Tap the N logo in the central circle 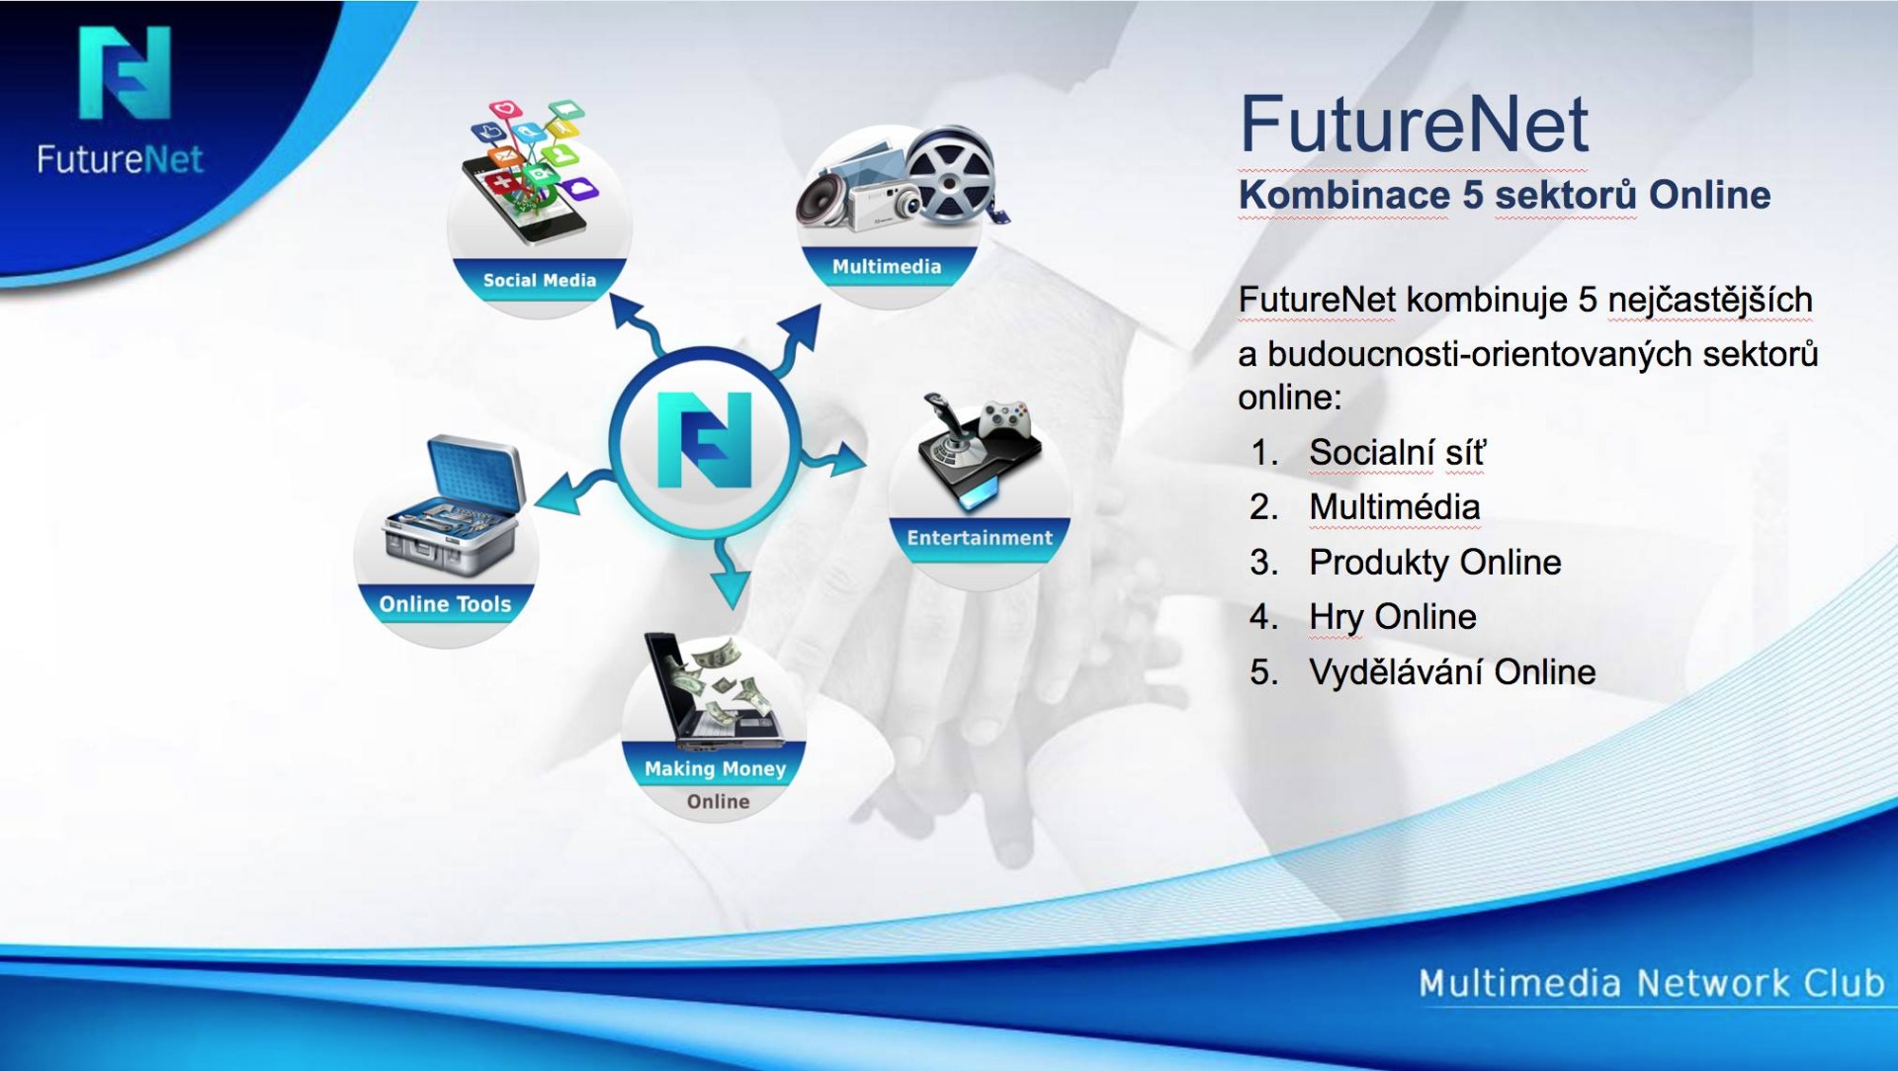pyautogui.click(x=705, y=439)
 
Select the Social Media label pyautogui.click(x=540, y=280)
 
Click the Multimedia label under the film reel pyautogui.click(x=887, y=266)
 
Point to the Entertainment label pyautogui.click(x=980, y=538)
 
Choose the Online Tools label pyautogui.click(x=445, y=604)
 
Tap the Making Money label pyautogui.click(x=715, y=768)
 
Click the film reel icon pyautogui.click(x=950, y=175)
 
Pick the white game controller pyautogui.click(x=1005, y=417)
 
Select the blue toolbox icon pyautogui.click(x=453, y=506)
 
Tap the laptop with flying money pyautogui.click(x=711, y=691)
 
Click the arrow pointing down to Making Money pyautogui.click(x=730, y=573)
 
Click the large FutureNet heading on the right pyautogui.click(x=1414, y=125)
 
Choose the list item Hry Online pyautogui.click(x=1392, y=617)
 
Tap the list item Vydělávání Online pyautogui.click(x=1452, y=672)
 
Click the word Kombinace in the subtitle pyautogui.click(x=1343, y=195)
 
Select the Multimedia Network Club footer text pyautogui.click(x=1651, y=983)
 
